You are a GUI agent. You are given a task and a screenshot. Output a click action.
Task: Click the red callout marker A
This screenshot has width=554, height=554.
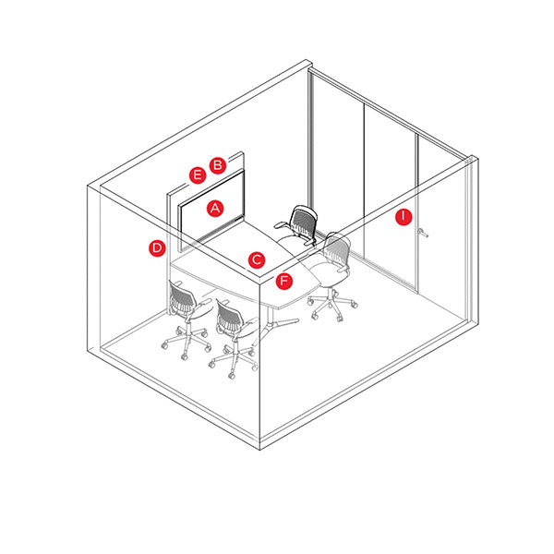pos(215,208)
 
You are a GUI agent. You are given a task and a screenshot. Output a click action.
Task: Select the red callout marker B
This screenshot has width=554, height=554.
pos(218,165)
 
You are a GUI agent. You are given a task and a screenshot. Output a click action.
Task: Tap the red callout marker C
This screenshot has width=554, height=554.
pos(257,260)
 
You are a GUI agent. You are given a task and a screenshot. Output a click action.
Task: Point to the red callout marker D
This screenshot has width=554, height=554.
pos(157,248)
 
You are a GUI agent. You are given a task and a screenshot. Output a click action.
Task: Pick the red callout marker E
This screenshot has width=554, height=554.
pos(198,175)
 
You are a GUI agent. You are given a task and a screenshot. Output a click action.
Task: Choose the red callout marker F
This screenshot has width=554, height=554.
pos(284,282)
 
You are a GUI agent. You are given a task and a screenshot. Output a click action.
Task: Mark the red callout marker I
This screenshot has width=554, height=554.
pos(403,217)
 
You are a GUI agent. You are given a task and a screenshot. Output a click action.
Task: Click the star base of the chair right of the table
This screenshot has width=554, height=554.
pos(332,305)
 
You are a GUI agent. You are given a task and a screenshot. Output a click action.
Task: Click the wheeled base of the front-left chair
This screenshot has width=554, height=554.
pos(185,341)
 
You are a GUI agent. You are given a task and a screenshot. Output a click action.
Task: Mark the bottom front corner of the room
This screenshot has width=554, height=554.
pos(260,449)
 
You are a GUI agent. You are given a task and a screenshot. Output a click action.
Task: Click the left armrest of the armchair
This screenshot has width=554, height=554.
pos(282,224)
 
